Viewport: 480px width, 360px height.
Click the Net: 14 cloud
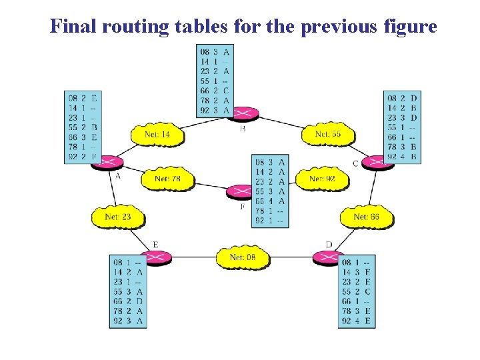click(157, 135)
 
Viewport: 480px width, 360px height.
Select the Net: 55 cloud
click(327, 134)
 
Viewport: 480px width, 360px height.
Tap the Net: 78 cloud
click(167, 179)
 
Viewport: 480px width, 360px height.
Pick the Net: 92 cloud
click(321, 179)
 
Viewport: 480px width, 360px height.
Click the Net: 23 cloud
click(117, 217)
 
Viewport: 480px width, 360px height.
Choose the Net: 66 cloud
click(366, 217)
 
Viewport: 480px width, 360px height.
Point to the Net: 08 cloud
click(242, 257)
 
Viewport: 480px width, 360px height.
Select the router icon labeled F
click(239, 192)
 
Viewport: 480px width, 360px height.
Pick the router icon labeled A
click(110, 162)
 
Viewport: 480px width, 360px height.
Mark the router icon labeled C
click(378, 162)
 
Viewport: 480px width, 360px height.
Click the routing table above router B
click(215, 81)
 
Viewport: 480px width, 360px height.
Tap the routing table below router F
click(270, 191)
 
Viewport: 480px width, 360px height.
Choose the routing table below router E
click(128, 291)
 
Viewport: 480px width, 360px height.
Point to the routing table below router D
click(356, 291)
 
